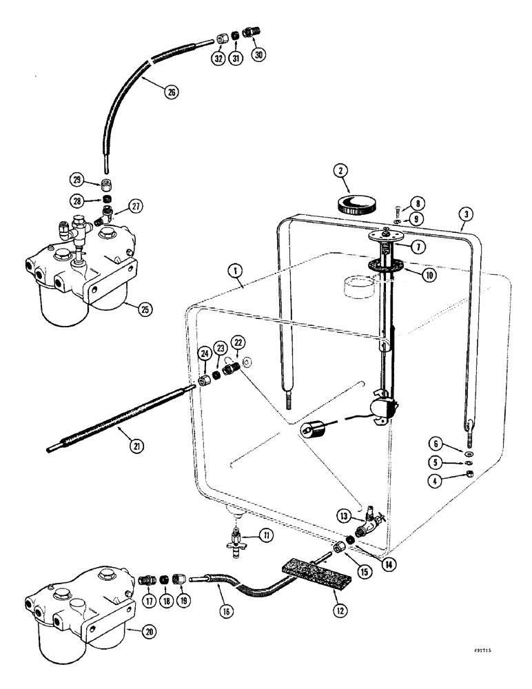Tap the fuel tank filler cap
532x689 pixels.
(357, 203)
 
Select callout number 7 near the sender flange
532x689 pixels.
(418, 246)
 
